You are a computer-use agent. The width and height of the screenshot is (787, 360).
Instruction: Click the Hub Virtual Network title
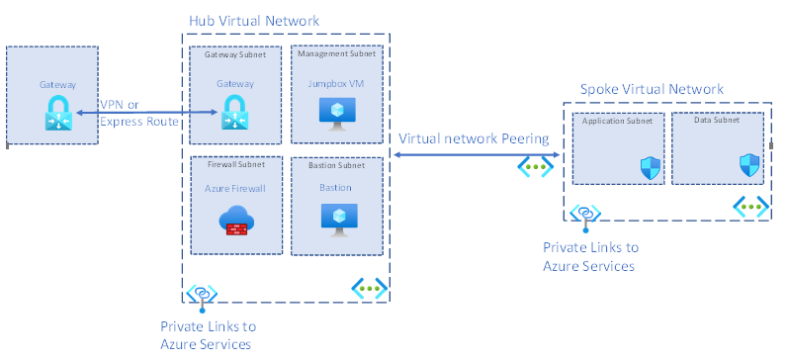click(254, 21)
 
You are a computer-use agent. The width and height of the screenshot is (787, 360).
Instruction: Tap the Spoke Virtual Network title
click(652, 89)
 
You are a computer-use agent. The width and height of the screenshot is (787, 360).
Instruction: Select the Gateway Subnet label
click(235, 54)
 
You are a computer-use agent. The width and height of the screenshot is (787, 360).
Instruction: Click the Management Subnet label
click(336, 53)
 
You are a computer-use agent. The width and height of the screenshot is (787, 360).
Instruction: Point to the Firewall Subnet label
click(236, 164)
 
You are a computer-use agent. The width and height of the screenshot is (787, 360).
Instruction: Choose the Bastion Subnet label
click(336, 165)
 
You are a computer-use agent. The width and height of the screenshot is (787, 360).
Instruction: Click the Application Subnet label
click(617, 121)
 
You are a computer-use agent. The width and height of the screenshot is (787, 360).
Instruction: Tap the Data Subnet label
click(717, 120)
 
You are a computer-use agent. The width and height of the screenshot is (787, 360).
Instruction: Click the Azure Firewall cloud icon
click(236, 221)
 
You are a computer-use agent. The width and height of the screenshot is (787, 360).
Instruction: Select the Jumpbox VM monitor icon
click(337, 114)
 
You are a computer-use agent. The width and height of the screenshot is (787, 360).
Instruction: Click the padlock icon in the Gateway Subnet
click(235, 113)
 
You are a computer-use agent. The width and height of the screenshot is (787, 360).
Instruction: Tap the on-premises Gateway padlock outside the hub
click(58, 114)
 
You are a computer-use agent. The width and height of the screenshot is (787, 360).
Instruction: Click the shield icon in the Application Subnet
click(650, 169)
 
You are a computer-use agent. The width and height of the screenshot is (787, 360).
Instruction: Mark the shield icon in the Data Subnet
click(749, 165)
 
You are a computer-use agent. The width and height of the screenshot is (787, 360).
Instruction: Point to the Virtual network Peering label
click(474, 138)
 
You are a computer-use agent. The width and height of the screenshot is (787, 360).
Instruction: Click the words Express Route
click(139, 122)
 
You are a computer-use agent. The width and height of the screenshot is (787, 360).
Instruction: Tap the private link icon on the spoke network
click(585, 216)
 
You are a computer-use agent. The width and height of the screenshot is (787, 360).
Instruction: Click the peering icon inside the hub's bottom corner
click(370, 288)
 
